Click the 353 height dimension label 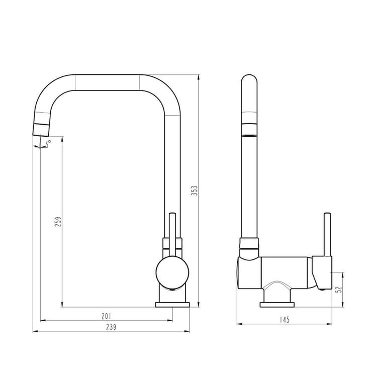click(x=194, y=191)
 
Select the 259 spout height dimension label click(x=58, y=222)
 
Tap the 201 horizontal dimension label click(x=106, y=316)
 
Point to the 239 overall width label click(x=111, y=327)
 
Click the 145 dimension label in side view click(x=285, y=320)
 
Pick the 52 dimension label click(x=339, y=290)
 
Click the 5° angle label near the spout click(x=48, y=144)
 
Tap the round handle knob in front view click(x=172, y=272)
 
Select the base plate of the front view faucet click(x=172, y=305)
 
